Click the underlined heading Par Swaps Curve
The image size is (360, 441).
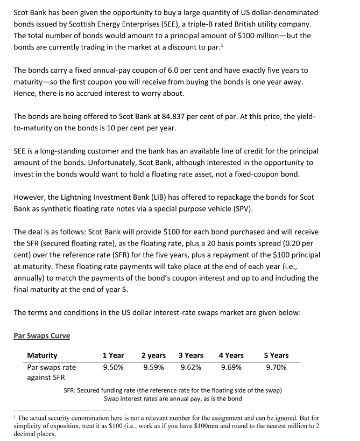click(41, 335)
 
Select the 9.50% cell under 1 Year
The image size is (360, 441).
click(113, 367)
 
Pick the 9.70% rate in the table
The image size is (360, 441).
click(276, 367)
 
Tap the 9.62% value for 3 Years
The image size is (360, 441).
click(190, 367)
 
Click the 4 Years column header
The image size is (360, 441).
click(231, 355)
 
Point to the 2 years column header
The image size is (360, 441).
click(153, 355)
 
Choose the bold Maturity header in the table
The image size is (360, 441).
click(42, 355)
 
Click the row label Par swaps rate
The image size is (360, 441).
click(51, 367)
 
